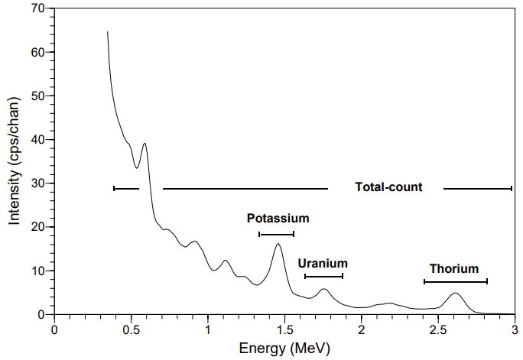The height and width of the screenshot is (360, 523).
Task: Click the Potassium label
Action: [x=278, y=218]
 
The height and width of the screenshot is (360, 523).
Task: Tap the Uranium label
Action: [x=323, y=261]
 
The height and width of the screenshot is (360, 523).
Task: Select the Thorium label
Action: [x=453, y=268]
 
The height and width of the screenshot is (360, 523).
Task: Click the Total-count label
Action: [x=388, y=187]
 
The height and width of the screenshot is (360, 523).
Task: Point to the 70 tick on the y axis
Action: [x=36, y=9]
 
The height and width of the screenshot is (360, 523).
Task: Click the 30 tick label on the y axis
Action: [x=36, y=183]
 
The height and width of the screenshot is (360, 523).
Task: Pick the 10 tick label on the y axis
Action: [x=36, y=271]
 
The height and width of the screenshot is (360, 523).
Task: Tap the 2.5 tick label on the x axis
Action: [x=437, y=329]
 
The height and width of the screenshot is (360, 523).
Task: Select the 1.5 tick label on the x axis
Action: [x=284, y=329]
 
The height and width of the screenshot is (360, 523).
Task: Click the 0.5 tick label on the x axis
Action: [x=131, y=329]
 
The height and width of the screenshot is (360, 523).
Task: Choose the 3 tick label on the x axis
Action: [x=514, y=329]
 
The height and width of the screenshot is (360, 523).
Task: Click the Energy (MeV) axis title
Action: [x=284, y=349]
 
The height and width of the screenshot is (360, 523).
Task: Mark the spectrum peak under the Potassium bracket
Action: [x=278, y=244]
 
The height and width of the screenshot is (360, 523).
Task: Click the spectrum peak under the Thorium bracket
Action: [x=456, y=293]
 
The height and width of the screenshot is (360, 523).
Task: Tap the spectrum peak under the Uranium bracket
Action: [x=323, y=289]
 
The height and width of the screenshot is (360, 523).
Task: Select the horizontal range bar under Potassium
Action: [x=276, y=234]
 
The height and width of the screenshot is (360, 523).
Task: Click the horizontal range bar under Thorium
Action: [x=455, y=282]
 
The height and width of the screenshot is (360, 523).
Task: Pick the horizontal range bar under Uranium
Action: [x=323, y=276]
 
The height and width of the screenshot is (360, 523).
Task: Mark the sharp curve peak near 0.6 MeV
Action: [x=145, y=143]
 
